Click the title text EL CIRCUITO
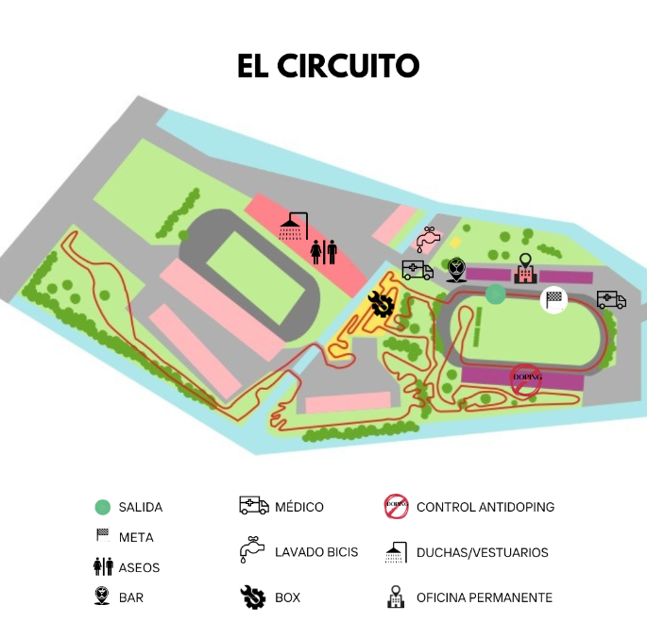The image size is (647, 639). tap(328, 65)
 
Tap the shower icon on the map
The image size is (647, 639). tap(294, 226)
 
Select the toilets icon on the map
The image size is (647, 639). tap(322, 251)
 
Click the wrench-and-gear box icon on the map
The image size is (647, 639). tap(382, 304)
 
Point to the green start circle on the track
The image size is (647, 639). tap(496, 294)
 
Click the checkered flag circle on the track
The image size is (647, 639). tap(553, 299)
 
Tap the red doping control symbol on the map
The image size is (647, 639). tap(526, 379)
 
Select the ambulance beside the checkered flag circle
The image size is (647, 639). tap(610, 299)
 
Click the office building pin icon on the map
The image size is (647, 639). tap(525, 269)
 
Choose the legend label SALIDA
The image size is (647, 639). tap(140, 507)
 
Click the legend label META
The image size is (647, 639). tap(136, 537)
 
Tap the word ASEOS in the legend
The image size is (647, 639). tap(139, 567)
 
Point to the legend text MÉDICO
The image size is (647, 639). tap(298, 507)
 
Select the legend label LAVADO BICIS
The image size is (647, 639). tap(315, 551)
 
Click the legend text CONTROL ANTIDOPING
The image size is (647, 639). tap(485, 507)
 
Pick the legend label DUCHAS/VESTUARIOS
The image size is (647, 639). tap(482, 552)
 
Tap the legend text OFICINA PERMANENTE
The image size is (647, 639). tap(484, 597)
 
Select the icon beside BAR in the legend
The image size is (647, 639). tap(102, 597)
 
